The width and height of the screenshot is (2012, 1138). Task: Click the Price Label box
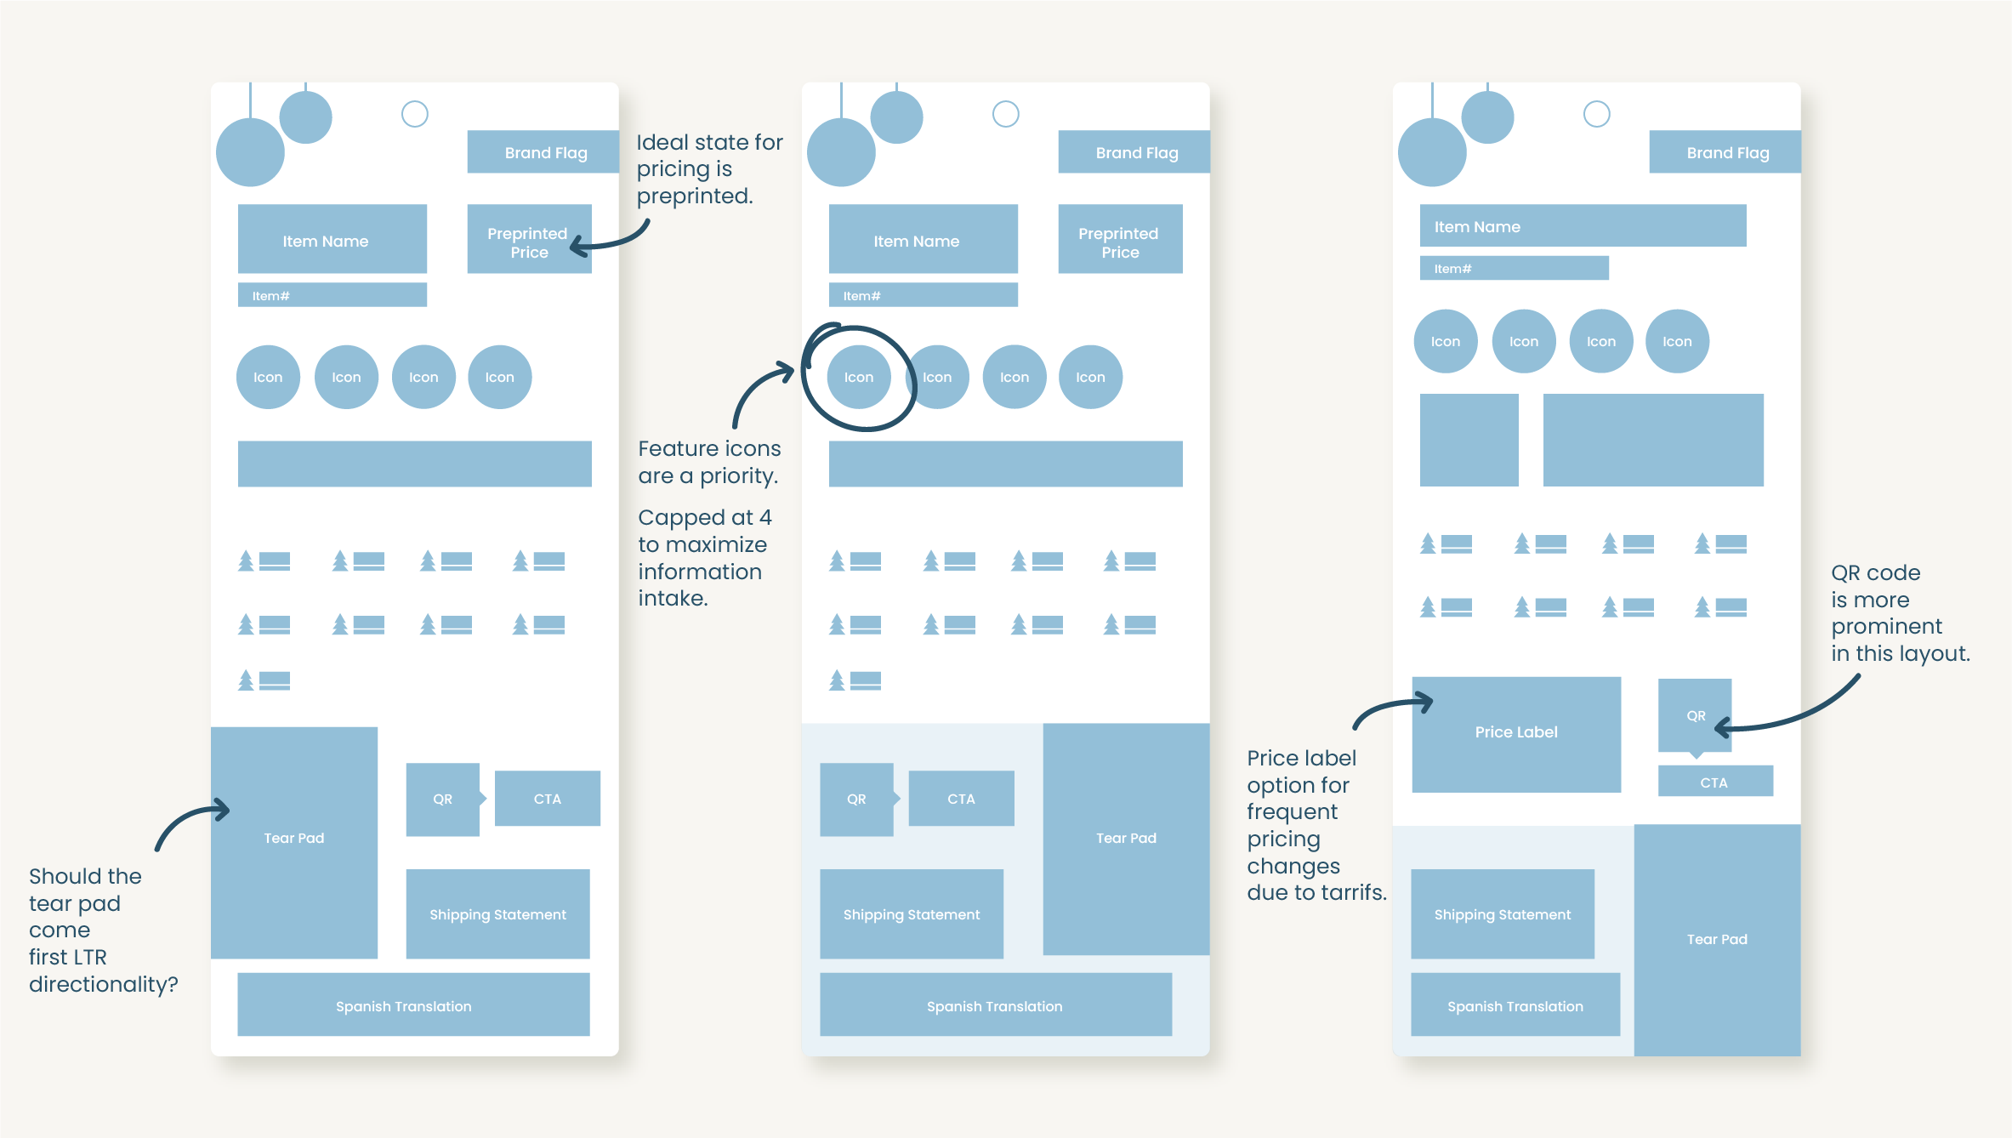pyautogui.click(x=1516, y=733)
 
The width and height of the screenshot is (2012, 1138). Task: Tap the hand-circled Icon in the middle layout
pyautogui.click(x=859, y=377)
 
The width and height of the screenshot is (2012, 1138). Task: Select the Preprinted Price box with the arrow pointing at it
pyautogui.click(x=528, y=239)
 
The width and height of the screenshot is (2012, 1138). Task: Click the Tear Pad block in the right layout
pyautogui.click(x=1717, y=939)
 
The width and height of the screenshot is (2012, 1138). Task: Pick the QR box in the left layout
pyautogui.click(x=442, y=799)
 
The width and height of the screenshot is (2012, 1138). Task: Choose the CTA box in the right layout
pyautogui.click(x=1714, y=782)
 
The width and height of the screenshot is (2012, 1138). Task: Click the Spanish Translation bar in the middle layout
pyautogui.click(x=995, y=1005)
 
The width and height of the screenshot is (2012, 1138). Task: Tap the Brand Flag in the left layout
pyautogui.click(x=545, y=152)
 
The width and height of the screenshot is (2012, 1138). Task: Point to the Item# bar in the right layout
pyautogui.click(x=1514, y=268)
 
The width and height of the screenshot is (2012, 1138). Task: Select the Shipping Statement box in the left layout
pyautogui.click(x=497, y=914)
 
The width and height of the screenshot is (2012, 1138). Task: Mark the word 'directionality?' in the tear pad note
pyautogui.click(x=104, y=984)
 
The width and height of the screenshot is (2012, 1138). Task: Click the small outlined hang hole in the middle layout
pyautogui.click(x=1006, y=114)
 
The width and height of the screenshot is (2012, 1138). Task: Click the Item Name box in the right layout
pyautogui.click(x=1583, y=226)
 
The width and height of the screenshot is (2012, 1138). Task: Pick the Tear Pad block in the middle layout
pyautogui.click(x=1126, y=839)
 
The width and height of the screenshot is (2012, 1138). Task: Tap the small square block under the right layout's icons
pyautogui.click(x=1469, y=440)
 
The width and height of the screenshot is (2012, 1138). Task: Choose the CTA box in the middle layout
pyautogui.click(x=961, y=799)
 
